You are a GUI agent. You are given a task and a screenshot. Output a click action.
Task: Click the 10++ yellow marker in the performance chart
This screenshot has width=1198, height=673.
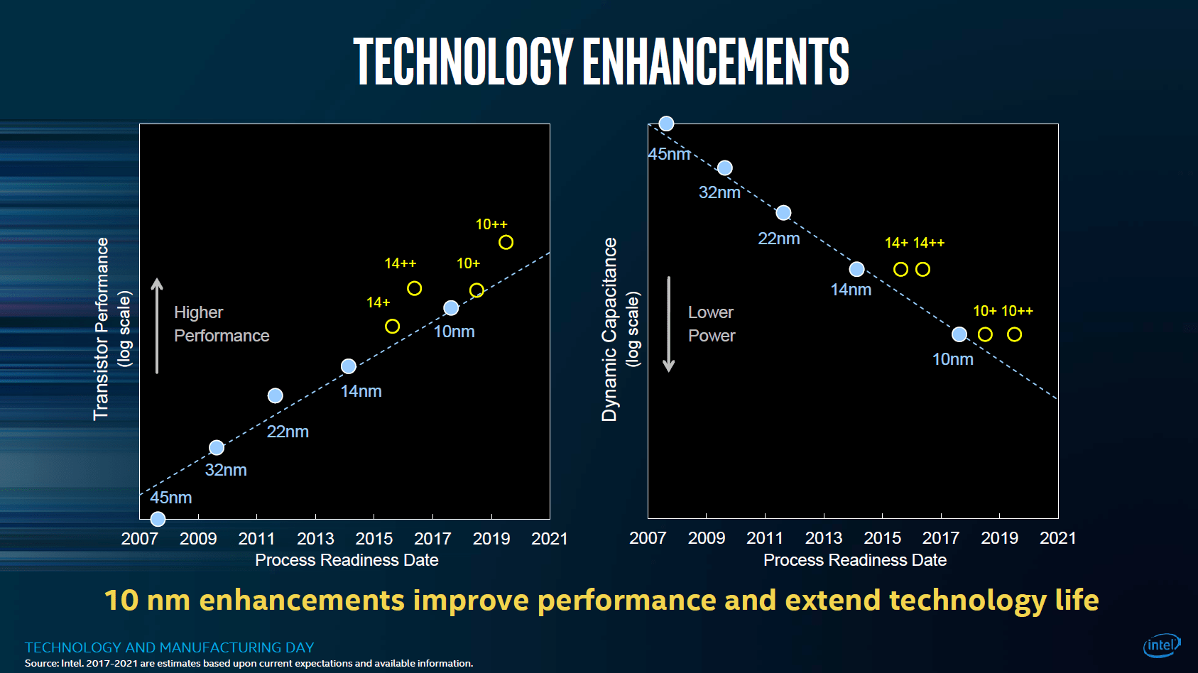(x=506, y=243)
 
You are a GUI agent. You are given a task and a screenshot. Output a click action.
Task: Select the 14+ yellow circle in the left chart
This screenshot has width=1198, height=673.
(x=392, y=327)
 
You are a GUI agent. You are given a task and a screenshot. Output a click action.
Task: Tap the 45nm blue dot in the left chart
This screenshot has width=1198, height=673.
(x=158, y=520)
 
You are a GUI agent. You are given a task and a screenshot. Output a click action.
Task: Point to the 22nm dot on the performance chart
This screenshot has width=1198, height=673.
(x=276, y=396)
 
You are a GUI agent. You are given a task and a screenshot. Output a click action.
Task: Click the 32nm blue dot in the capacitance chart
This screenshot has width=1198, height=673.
(x=724, y=168)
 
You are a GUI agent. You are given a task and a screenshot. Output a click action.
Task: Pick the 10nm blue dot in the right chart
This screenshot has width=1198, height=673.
(x=959, y=334)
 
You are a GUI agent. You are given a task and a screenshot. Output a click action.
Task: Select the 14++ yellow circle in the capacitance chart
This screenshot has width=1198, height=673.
(x=922, y=270)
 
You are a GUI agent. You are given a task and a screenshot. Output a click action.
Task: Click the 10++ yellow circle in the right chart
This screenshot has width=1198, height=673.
(x=1014, y=334)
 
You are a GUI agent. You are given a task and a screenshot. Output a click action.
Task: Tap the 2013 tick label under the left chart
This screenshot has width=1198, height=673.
(x=315, y=539)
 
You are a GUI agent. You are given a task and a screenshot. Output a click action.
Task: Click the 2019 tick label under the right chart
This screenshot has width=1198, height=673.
(x=999, y=538)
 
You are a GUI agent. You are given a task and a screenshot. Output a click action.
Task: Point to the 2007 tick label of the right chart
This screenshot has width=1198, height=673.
(x=648, y=538)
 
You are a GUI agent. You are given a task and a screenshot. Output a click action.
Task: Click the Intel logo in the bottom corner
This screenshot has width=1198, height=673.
(x=1161, y=645)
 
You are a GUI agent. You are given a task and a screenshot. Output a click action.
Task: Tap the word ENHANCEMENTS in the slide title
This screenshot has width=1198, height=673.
(x=715, y=62)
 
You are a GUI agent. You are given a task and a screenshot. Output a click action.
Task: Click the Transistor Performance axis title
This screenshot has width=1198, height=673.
(x=102, y=329)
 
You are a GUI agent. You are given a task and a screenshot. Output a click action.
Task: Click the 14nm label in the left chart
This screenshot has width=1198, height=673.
(x=361, y=391)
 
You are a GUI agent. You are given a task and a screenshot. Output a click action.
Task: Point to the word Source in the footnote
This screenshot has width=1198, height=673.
(x=41, y=664)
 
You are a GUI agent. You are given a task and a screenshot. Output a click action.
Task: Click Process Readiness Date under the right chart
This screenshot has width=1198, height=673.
(x=855, y=560)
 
